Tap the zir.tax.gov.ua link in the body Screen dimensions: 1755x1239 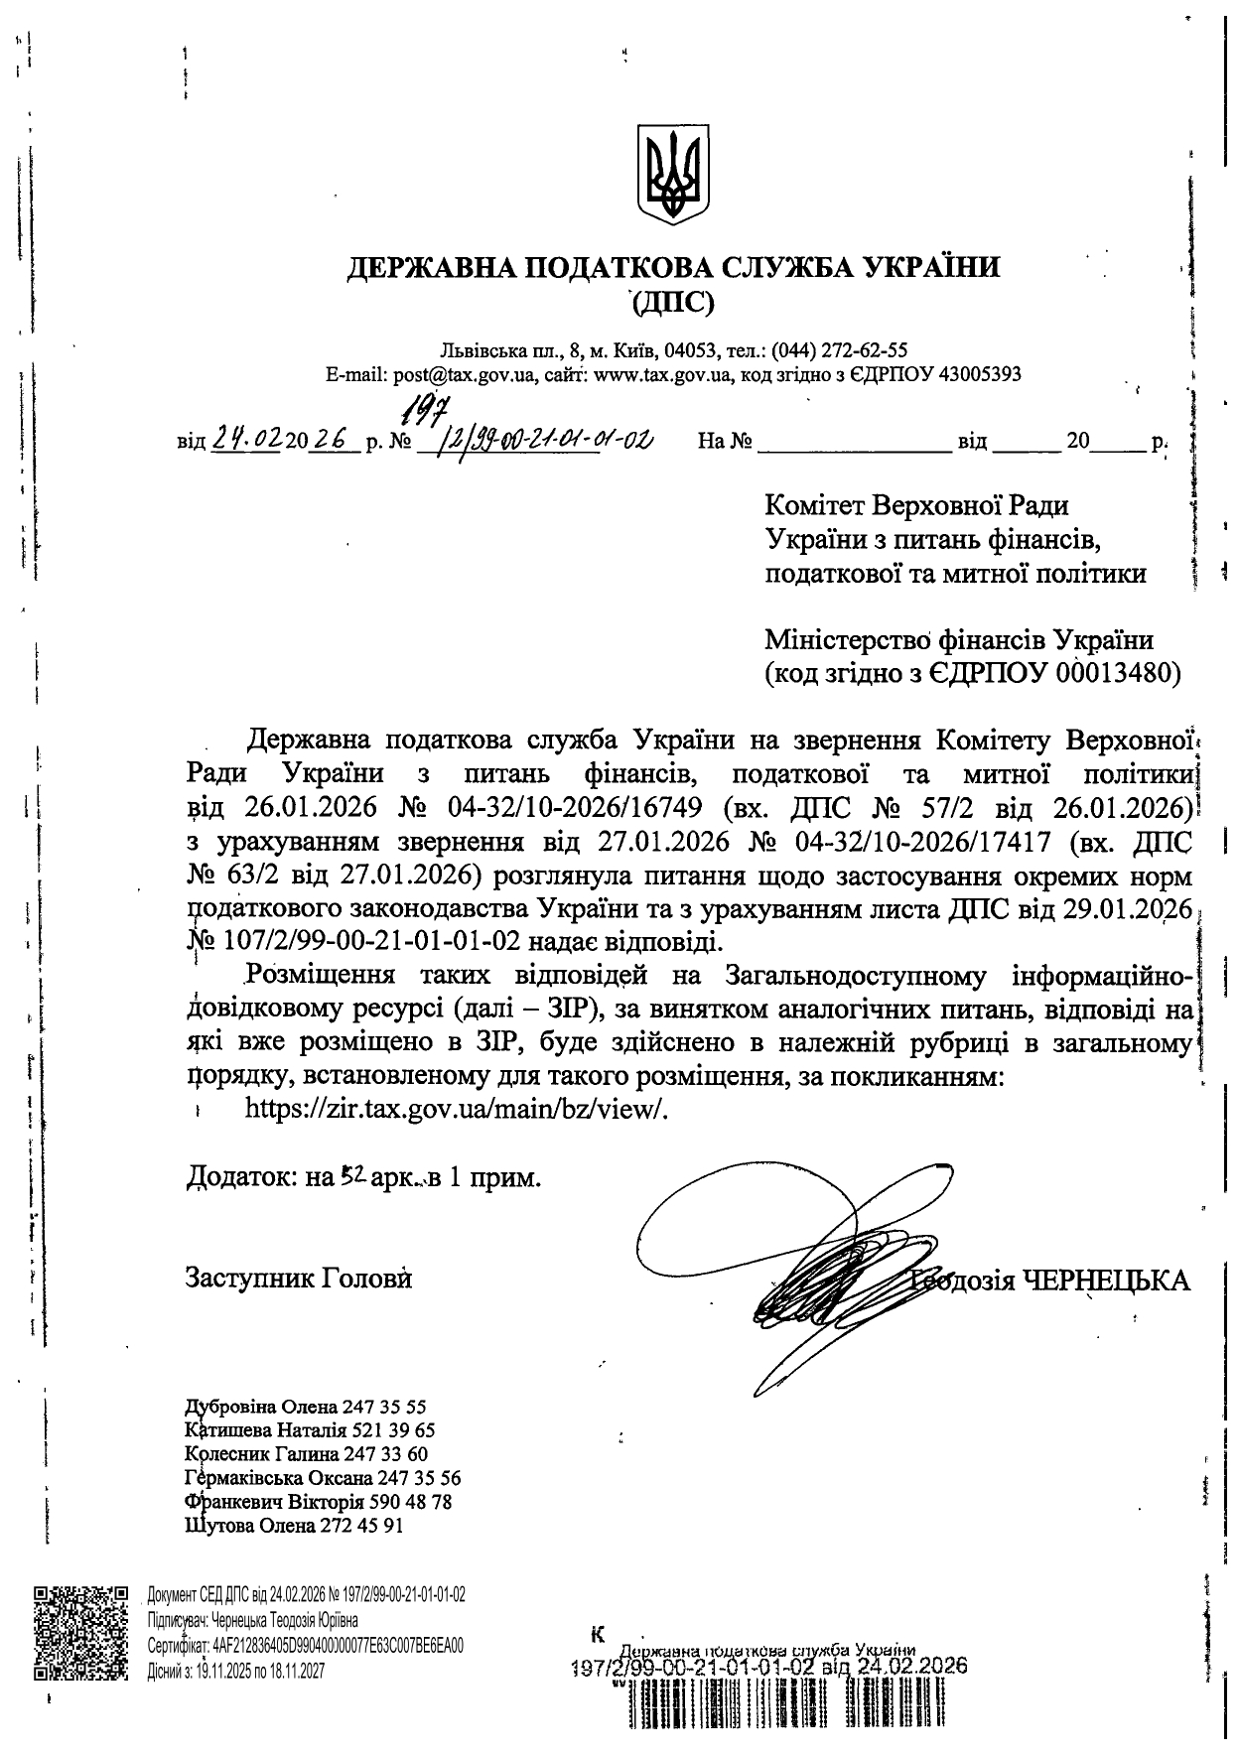coord(457,1109)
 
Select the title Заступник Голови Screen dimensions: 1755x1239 coord(299,1278)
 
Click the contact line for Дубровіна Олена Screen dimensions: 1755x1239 coord(306,1407)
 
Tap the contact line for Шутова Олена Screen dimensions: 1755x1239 coord(295,1526)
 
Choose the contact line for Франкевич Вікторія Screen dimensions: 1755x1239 coord(319,1502)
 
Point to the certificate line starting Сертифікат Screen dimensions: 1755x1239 coord(305,1645)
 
